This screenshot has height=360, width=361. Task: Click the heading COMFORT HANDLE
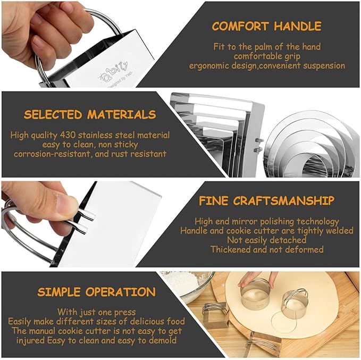[266, 26]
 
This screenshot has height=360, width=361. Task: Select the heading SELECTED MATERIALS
[90, 114]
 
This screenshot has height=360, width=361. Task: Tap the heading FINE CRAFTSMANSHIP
[266, 201]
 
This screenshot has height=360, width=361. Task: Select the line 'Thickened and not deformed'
[266, 249]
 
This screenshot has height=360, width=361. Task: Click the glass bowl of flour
[186, 284]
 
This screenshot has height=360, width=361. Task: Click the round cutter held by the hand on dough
[254, 296]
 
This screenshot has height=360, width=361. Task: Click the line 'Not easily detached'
[266, 240]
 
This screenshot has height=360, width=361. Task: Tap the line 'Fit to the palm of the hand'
[266, 47]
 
